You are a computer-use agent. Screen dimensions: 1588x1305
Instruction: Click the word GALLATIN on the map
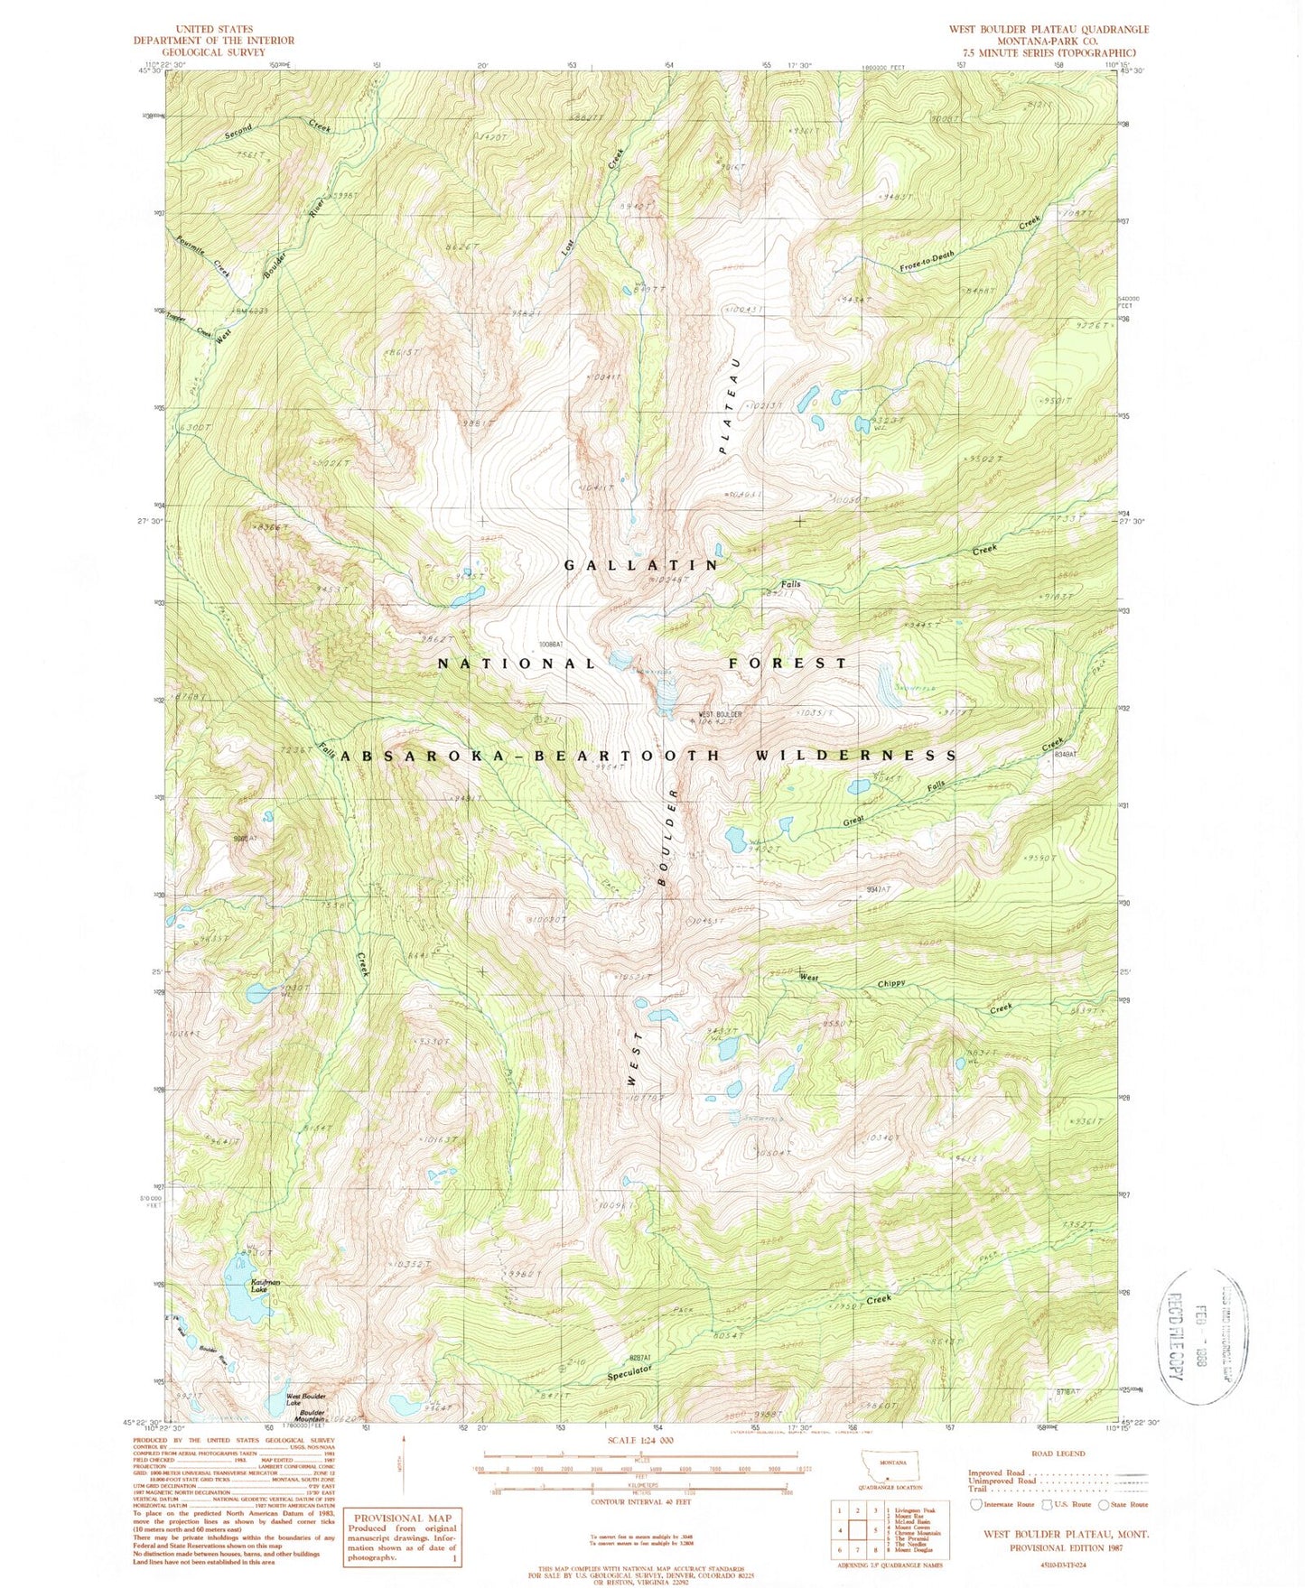(640, 565)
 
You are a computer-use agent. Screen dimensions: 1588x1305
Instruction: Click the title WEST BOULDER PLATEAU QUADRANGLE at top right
(1048, 29)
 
